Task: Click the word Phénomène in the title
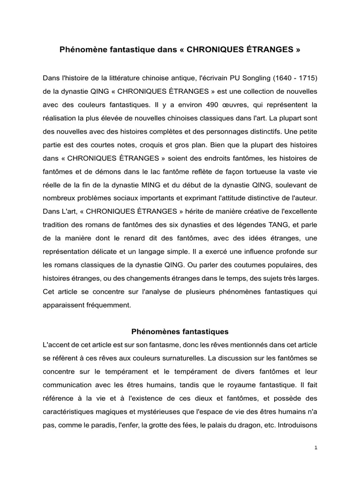pyautogui.click(x=80, y=48)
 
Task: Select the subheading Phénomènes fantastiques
pyautogui.click(x=180, y=332)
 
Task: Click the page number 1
pyautogui.click(x=316, y=448)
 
